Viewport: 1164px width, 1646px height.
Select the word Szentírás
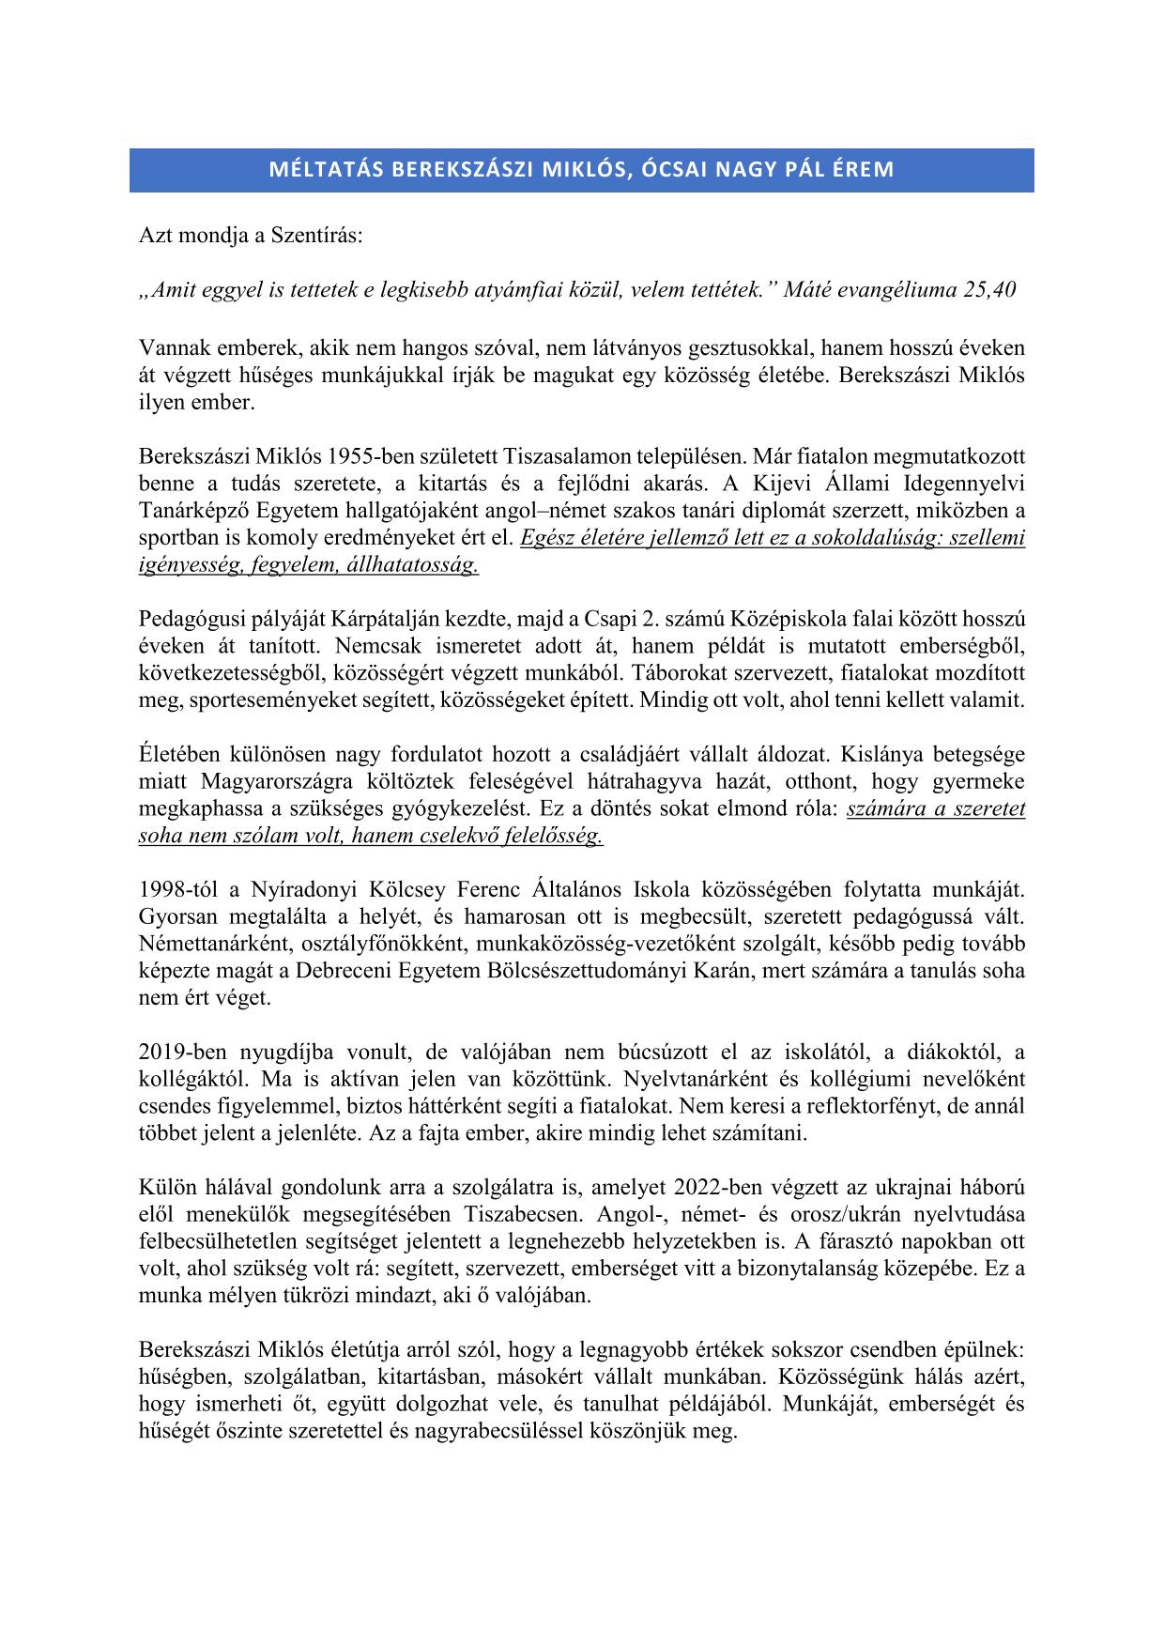[314, 236]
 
